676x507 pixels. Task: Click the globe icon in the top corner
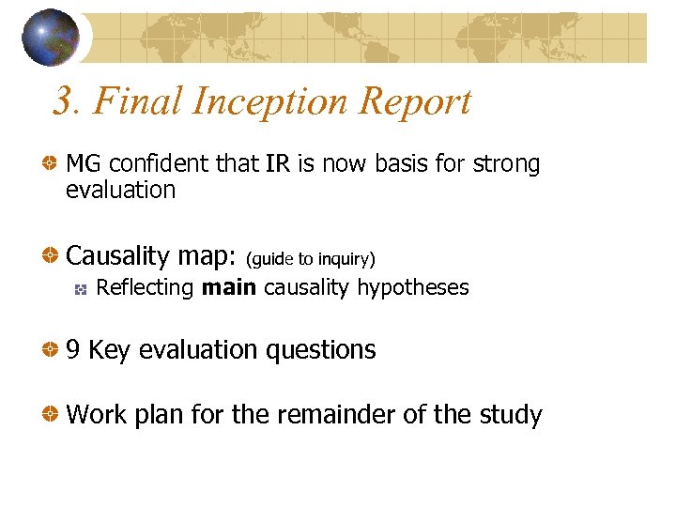pyautogui.click(x=50, y=38)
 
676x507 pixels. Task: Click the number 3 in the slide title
pyautogui.click(x=62, y=101)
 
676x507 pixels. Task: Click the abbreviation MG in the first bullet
pyautogui.click(x=84, y=164)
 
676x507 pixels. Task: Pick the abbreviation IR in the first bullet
pyautogui.click(x=278, y=164)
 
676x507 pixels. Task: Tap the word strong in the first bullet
pyautogui.click(x=506, y=164)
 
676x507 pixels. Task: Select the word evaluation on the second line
pyautogui.click(x=120, y=190)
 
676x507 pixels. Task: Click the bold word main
pyautogui.click(x=229, y=287)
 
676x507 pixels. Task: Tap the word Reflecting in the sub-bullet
pyautogui.click(x=146, y=288)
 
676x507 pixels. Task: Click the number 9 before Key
pyautogui.click(x=73, y=350)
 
